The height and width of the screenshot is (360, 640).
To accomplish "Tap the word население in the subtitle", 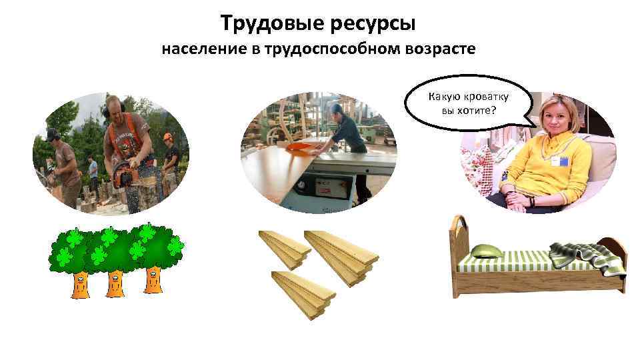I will coord(203,50).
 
